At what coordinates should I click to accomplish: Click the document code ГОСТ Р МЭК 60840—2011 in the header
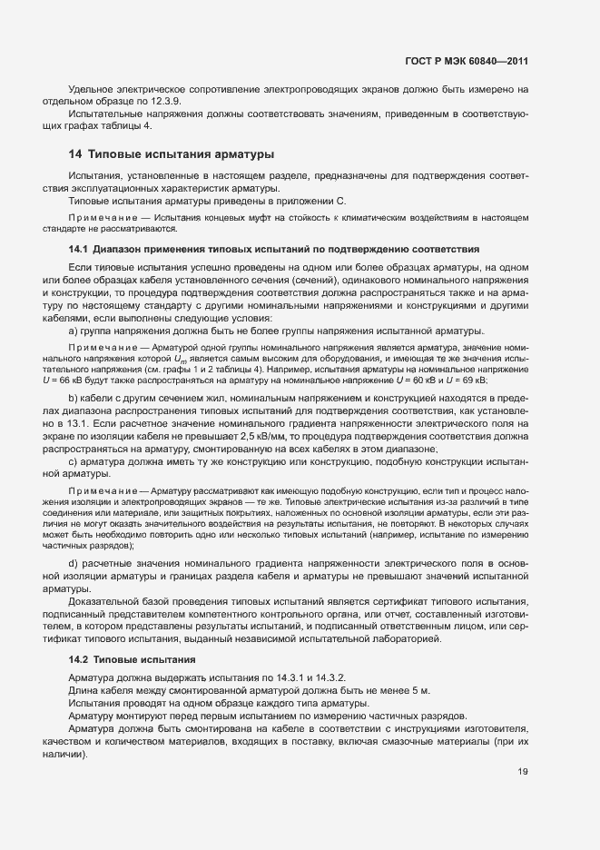pos(467,62)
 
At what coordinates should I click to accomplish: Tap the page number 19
pos(522,772)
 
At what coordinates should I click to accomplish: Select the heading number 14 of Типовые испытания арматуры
pos(75,154)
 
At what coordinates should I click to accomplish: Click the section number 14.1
pos(79,249)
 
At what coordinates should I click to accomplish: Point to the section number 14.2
pos(79,658)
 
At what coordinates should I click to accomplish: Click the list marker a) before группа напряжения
pos(73,332)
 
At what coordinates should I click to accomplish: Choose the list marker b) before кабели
pos(73,398)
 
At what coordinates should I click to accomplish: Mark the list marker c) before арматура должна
pos(73,461)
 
